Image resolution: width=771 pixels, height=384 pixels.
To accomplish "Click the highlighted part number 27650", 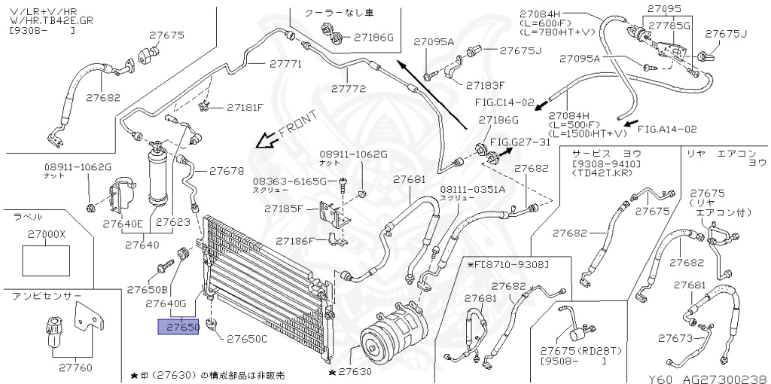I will pos(178,328).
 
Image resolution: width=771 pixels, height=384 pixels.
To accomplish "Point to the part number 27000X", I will pos(47,234).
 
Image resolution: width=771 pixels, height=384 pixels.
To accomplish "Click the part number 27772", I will pos(349,88).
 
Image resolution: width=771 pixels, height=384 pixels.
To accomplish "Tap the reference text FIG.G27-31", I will pos(520,142).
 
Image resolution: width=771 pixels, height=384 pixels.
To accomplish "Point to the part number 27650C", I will pos(248,339).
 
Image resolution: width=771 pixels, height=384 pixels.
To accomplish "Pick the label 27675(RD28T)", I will pos(570,351).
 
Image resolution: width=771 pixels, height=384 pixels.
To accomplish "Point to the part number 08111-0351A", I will pos(473,189).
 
